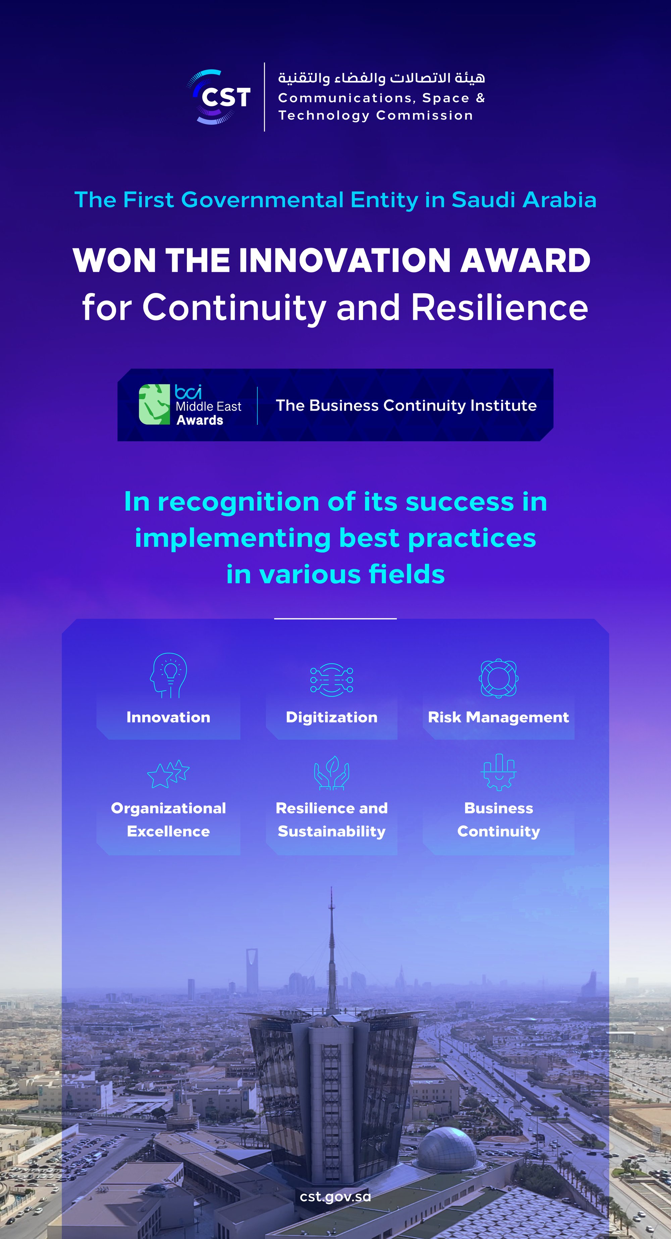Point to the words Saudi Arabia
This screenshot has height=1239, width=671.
pyautogui.click(x=524, y=200)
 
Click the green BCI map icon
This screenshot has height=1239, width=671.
pyautogui.click(x=154, y=404)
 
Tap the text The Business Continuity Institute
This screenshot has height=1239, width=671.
pyautogui.click(x=406, y=405)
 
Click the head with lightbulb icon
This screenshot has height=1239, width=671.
pyautogui.click(x=168, y=675)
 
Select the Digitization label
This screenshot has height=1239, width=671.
pyautogui.click(x=331, y=717)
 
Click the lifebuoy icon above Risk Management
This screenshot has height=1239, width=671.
pyautogui.click(x=498, y=678)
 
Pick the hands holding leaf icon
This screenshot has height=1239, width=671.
pyautogui.click(x=331, y=773)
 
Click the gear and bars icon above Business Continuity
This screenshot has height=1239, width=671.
pyautogui.click(x=498, y=772)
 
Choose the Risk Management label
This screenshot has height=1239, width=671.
pyautogui.click(x=498, y=717)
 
